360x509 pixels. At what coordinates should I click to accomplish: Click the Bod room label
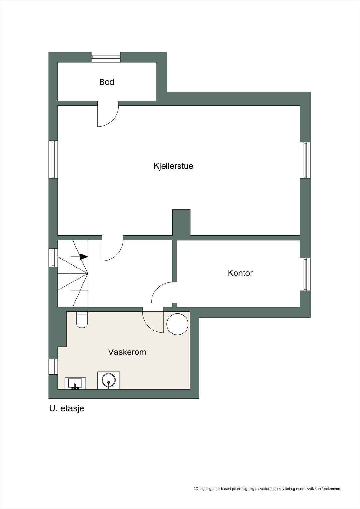click(107, 82)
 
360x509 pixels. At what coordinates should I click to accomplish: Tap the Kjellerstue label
click(173, 166)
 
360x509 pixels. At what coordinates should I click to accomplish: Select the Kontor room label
click(240, 273)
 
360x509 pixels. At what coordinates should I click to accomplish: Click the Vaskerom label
click(127, 352)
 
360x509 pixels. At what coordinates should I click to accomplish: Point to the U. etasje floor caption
click(67, 408)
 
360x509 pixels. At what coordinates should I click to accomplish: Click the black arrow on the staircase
click(84, 256)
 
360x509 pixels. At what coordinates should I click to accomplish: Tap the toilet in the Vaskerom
click(82, 320)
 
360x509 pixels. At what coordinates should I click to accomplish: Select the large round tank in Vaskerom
click(178, 324)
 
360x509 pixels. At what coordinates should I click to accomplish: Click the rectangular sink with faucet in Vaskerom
click(75, 383)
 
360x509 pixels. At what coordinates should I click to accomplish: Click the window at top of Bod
click(106, 57)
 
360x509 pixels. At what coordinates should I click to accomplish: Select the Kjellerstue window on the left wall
click(53, 159)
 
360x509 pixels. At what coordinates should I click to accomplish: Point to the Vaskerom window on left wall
click(53, 366)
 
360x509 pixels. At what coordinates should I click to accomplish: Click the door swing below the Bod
click(108, 115)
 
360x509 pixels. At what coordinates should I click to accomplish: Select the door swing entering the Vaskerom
click(152, 322)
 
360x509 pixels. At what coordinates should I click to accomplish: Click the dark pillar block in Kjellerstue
click(181, 222)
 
